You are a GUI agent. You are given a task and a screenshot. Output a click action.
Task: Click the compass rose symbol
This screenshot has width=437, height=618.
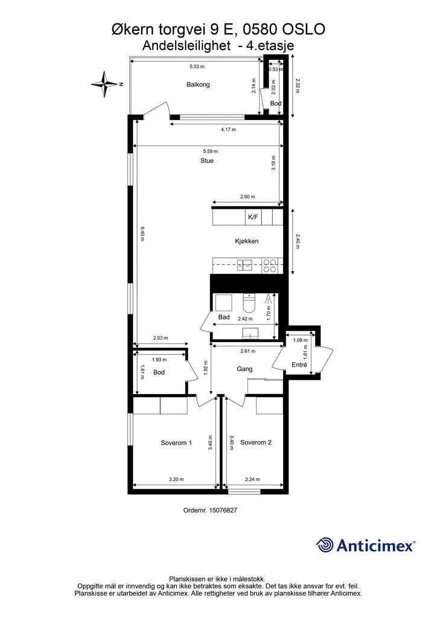tap(106, 84)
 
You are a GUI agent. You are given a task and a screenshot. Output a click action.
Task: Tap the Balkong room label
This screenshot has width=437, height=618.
tap(198, 85)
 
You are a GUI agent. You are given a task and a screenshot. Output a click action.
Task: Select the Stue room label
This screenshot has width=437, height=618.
tap(207, 161)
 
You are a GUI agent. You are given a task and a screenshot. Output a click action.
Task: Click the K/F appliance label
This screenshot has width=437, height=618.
tap(252, 217)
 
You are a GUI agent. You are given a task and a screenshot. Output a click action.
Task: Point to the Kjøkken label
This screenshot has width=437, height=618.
tap(247, 241)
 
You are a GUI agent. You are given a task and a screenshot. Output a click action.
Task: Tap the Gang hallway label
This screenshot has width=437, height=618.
tap(244, 369)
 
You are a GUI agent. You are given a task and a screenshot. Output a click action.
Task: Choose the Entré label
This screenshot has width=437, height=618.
tap(299, 365)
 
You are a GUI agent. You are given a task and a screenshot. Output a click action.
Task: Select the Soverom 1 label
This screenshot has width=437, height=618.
tap(176, 442)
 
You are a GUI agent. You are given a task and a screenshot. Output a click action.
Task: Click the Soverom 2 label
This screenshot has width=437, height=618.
tap(256, 442)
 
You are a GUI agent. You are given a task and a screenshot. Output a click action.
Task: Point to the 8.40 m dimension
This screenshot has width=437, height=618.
tap(142, 234)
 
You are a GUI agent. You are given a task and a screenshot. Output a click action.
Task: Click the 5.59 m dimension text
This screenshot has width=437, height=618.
tap(211, 151)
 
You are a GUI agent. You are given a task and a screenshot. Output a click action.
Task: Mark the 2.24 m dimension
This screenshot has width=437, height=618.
tap(252, 480)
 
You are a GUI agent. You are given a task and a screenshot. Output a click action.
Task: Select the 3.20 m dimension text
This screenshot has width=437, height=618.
tap(176, 480)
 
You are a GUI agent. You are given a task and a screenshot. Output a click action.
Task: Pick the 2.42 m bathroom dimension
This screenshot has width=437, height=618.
tap(244, 319)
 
